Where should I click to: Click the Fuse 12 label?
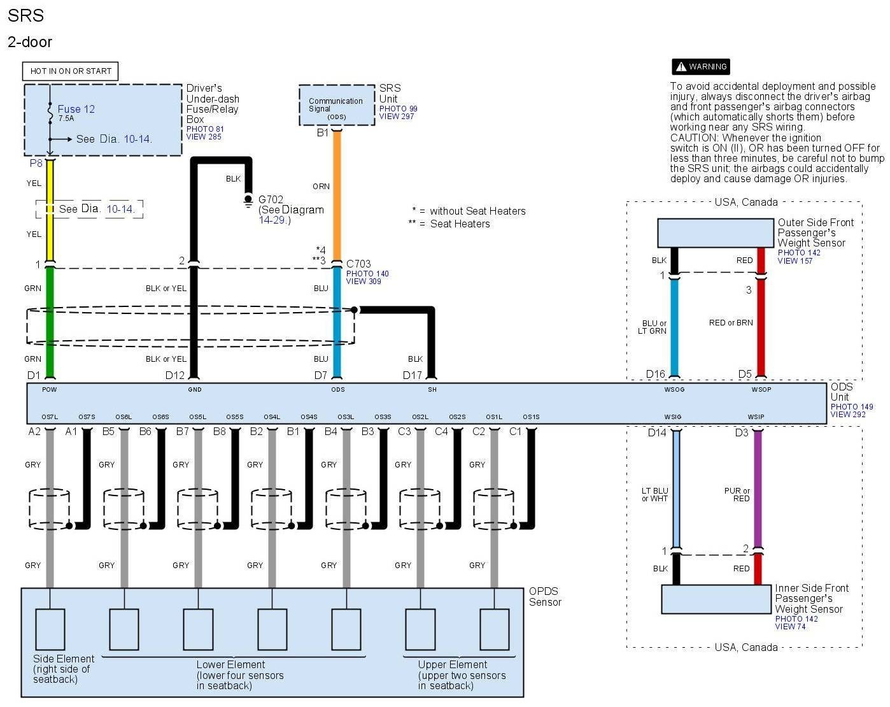pos(76,109)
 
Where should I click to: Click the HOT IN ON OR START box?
pos(71,71)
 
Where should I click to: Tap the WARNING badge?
pos(700,66)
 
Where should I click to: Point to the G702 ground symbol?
pos(248,200)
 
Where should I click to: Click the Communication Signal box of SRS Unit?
pos(336,105)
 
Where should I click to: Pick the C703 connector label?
pos(358,264)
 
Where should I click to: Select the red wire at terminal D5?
pos(760,325)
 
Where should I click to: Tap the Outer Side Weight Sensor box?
pos(716,233)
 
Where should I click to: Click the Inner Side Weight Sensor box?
pos(716,599)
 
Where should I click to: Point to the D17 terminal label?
pos(413,375)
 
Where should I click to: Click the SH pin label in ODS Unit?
pos(432,389)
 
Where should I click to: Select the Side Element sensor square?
pos(50,629)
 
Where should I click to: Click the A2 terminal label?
pos(34,431)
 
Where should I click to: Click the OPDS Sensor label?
pos(545,596)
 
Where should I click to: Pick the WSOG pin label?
pos(674,389)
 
